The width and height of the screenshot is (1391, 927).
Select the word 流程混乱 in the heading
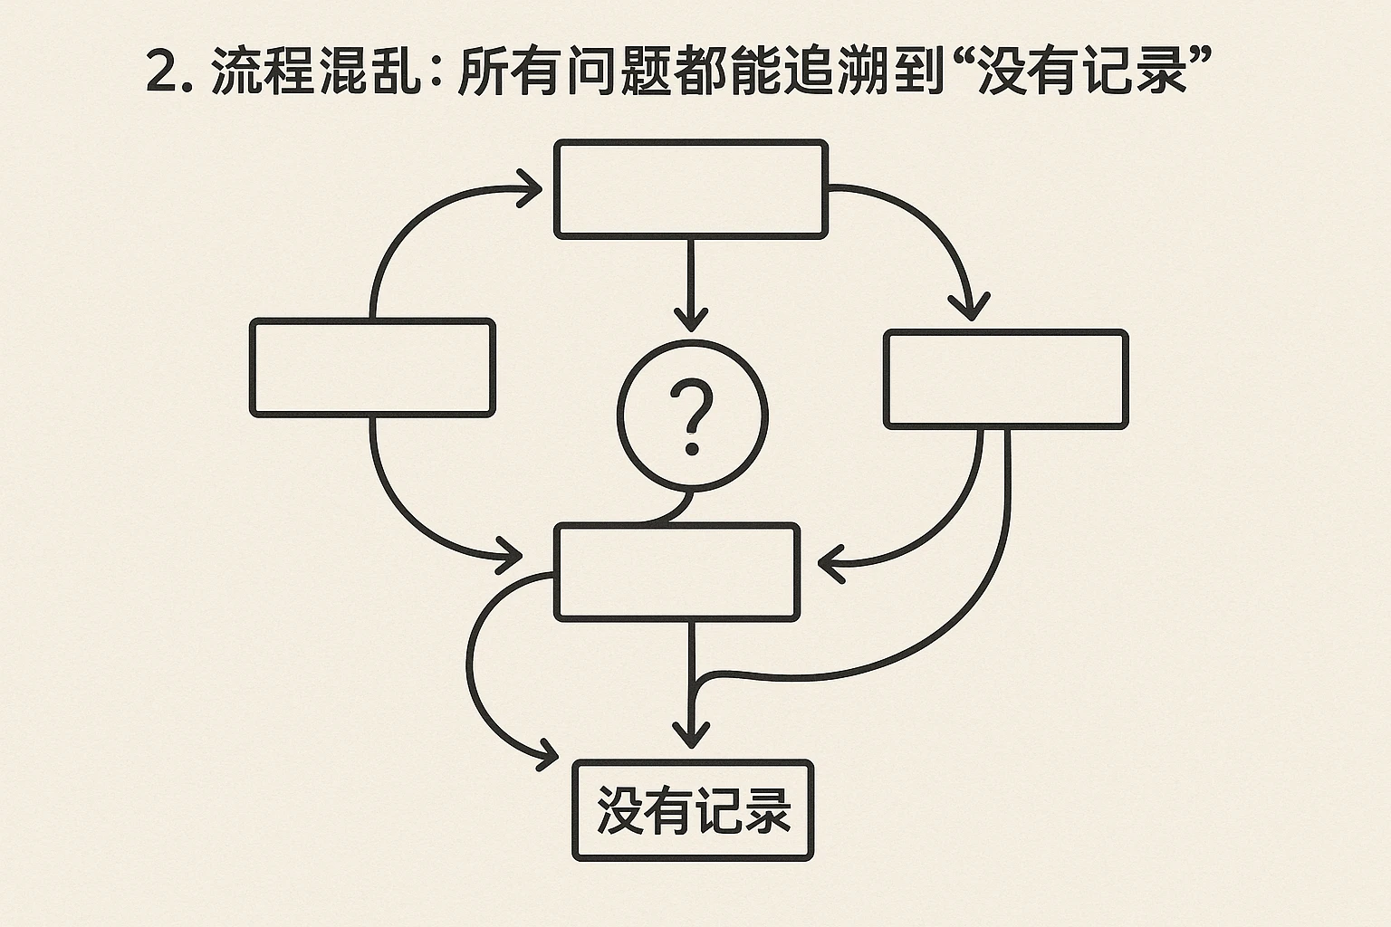tap(316, 72)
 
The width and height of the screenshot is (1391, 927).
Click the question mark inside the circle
tap(693, 417)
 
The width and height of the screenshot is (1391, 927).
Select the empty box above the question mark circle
tap(691, 189)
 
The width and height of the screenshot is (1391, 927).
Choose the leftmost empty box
tap(372, 368)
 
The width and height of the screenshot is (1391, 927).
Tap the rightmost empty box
tap(1005, 378)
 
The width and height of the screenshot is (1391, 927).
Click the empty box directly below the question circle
tap(676, 572)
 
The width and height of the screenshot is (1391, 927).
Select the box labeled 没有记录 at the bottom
tap(693, 810)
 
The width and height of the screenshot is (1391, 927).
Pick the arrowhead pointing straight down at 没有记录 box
tap(692, 734)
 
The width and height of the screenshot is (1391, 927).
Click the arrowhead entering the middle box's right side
tap(830, 564)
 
